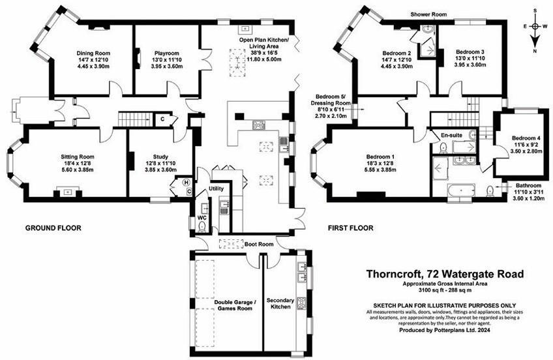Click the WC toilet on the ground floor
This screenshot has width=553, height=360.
click(x=202, y=226)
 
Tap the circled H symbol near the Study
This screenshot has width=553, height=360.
click(x=187, y=183)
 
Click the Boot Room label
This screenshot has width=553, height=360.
click(x=258, y=244)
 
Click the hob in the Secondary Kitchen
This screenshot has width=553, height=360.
click(x=303, y=303)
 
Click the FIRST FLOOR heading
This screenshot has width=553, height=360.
click(x=351, y=228)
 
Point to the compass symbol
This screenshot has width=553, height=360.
click(x=535, y=27)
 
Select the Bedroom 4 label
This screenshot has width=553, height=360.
click(x=526, y=138)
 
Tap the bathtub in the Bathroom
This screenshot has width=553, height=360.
click(x=460, y=191)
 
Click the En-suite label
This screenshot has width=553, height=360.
click(x=451, y=135)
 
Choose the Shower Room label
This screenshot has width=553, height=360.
click(x=428, y=13)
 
